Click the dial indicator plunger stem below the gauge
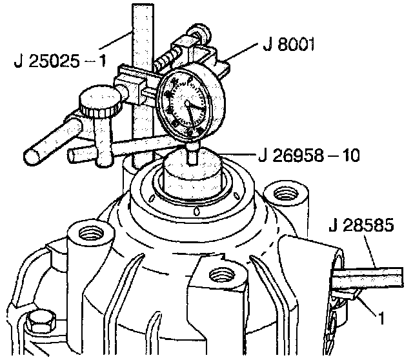coord(192,154)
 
